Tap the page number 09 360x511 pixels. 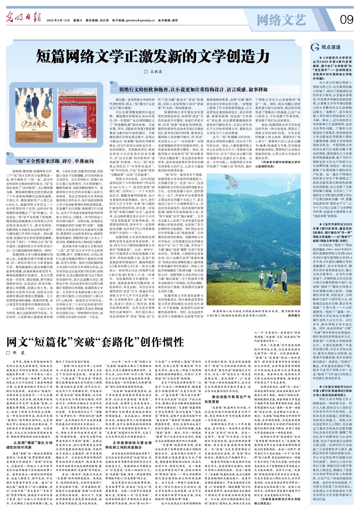pyautogui.click(x=346, y=20)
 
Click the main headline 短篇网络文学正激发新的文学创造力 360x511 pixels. pyautogui.click(x=153, y=56)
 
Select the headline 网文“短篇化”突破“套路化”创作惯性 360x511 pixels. pyautogui.click(x=95, y=342)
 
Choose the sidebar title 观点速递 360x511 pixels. pyautogui.click(x=331, y=47)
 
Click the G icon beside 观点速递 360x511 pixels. pyautogui.click(x=315, y=47)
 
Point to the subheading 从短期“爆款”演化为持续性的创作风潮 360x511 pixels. pyautogui.click(x=30, y=445)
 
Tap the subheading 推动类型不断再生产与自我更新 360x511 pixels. pyautogui.click(x=228, y=399)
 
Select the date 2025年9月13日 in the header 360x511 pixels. pyautogui.click(x=58, y=21)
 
